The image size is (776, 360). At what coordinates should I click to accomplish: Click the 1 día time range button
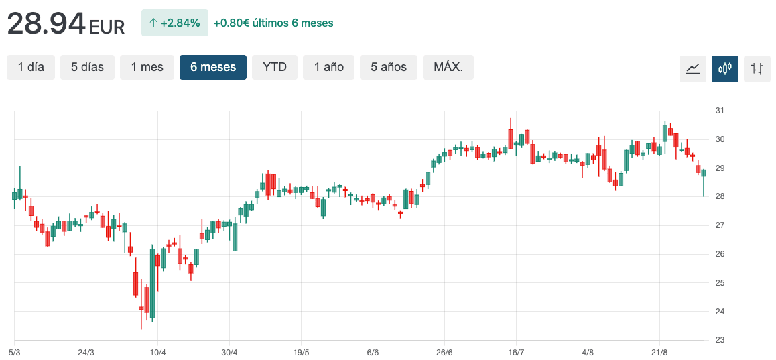pos(31,67)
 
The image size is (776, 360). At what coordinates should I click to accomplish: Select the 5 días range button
pos(87,67)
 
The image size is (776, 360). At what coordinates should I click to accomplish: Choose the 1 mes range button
pos(147,67)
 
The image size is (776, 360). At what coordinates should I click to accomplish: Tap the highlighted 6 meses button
pos(213,67)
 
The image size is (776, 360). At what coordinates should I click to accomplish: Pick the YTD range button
pos(275,67)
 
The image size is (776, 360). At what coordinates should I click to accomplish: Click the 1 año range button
pos(328,67)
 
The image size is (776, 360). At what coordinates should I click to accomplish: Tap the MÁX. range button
pos(448,67)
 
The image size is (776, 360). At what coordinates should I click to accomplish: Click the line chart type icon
pos(693,68)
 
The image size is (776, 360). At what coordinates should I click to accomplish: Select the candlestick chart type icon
pos(725,68)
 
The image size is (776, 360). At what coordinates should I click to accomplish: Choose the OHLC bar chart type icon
pos(757,68)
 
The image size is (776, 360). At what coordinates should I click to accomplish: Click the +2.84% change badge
pos(175,23)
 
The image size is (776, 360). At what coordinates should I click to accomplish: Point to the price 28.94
pos(46,24)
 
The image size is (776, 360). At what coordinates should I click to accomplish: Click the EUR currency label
pos(107,27)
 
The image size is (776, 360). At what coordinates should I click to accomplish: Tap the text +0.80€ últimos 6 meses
pos(273,23)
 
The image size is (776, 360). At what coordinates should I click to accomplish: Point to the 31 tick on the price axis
pos(720,111)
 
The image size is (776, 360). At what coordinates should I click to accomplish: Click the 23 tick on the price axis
pos(720,340)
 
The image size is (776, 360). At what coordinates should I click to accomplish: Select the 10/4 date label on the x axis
pos(157,352)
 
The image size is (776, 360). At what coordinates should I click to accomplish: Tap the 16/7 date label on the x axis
pos(516,352)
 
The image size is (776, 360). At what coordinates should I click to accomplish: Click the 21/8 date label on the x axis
pos(659,352)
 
